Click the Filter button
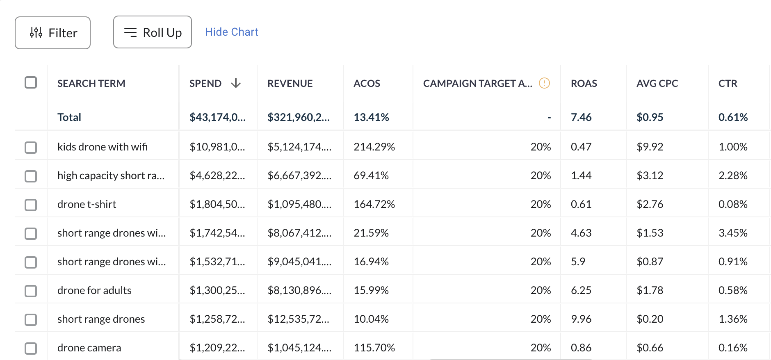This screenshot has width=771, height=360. (x=52, y=33)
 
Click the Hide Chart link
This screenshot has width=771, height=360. (x=231, y=32)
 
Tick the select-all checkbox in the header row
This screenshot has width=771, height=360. (x=31, y=82)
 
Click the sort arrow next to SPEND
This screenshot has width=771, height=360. (x=236, y=83)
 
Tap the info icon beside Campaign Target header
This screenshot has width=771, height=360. (x=544, y=83)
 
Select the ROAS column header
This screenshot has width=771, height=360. (x=584, y=84)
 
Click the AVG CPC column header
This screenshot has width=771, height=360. (x=657, y=84)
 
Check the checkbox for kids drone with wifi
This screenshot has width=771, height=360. (x=31, y=147)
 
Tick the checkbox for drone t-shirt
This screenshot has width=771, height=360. (x=31, y=205)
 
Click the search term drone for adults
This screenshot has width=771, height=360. (x=94, y=290)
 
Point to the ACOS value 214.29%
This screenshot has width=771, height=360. (x=374, y=147)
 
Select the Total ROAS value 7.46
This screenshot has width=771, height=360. (x=581, y=117)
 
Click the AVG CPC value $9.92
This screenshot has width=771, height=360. (x=650, y=147)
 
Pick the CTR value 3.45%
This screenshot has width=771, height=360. (x=733, y=233)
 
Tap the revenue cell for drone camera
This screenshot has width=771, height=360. (x=299, y=348)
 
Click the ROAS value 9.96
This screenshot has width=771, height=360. (x=581, y=319)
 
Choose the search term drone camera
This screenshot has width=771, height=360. (x=89, y=348)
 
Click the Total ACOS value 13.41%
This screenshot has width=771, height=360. (x=371, y=117)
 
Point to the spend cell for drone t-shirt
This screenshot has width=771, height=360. (x=217, y=204)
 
